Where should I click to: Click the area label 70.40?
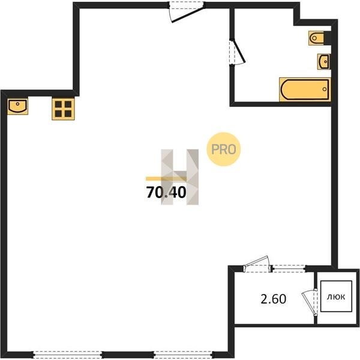coord(166,192)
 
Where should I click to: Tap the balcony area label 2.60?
coord(273,299)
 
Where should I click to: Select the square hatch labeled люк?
coord(336,296)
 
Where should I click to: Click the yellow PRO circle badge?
coord(224,149)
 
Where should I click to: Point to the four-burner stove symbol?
coord(63,109)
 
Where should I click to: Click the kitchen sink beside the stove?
coord(17,107)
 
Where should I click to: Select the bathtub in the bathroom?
coord(305,89)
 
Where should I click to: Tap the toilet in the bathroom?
coord(316,38)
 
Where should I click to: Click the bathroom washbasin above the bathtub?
coord(324,61)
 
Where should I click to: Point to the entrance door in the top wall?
coord(187,12)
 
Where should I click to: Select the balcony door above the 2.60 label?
coord(257,265)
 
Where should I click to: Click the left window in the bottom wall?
coord(67,355)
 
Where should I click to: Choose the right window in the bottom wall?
coord(183,355)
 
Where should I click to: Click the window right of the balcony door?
coord(289,268)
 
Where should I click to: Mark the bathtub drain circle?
coord(325,89)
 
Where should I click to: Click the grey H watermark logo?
coord(180,177)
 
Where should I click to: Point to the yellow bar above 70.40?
coord(166,179)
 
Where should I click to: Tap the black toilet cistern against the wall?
coord(328,38)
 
